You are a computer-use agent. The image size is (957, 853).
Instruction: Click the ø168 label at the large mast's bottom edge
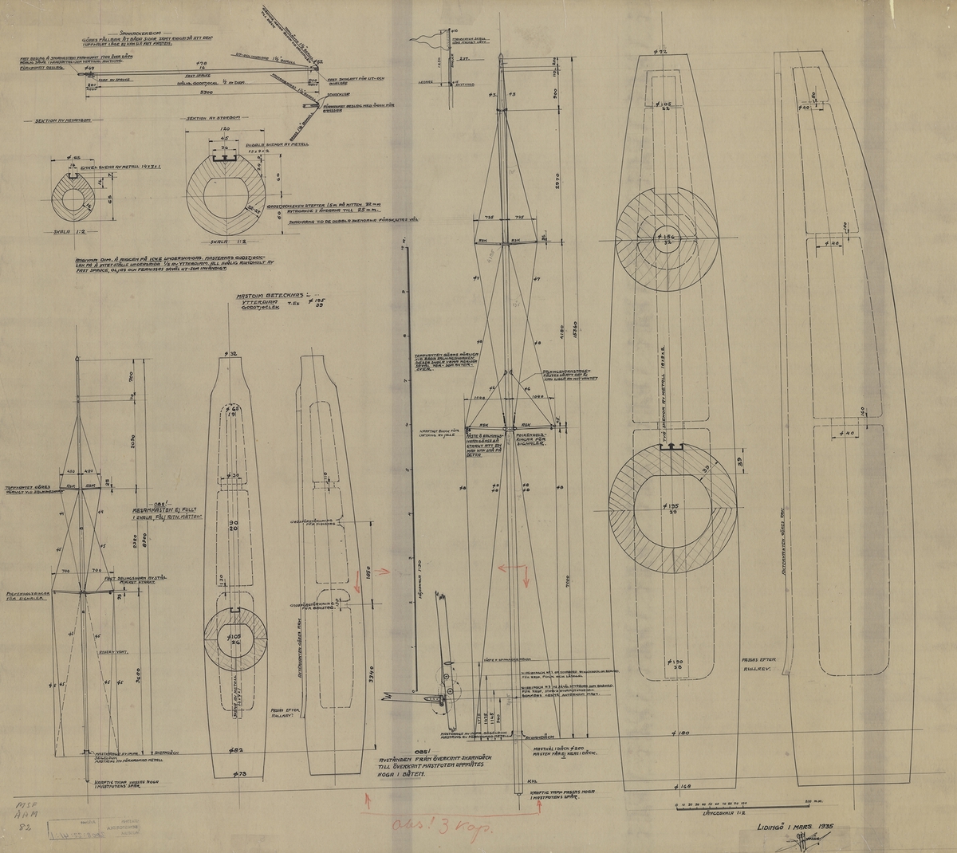[x=679, y=786]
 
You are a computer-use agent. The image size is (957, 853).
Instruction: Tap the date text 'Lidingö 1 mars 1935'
[x=797, y=830]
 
